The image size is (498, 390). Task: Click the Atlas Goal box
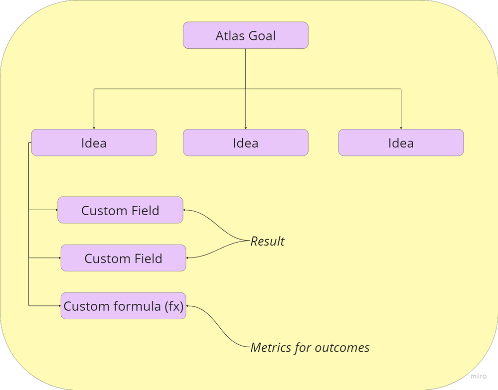pyautogui.click(x=245, y=35)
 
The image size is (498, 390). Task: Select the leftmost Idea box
pyautogui.click(x=94, y=143)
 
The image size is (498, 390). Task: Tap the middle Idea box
pyautogui.click(x=245, y=143)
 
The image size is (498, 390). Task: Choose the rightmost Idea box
pyautogui.click(x=401, y=143)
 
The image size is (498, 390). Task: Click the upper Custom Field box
pyautogui.click(x=120, y=210)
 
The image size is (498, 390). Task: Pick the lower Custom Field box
pyautogui.click(x=123, y=258)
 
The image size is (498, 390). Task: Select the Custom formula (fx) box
pyautogui.click(x=123, y=306)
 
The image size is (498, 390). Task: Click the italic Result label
pyautogui.click(x=267, y=241)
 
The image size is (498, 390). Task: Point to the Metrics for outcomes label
pyautogui.click(x=310, y=347)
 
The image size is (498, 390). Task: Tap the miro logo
pyautogui.click(x=479, y=376)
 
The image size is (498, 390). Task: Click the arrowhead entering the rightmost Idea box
pyautogui.click(x=401, y=128)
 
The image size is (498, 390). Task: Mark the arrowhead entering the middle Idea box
pyautogui.click(x=245, y=128)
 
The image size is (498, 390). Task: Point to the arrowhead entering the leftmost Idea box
pyautogui.click(x=94, y=128)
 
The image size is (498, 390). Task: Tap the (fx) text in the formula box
pyautogui.click(x=174, y=306)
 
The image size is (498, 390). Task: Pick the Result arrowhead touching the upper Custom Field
pyautogui.click(x=185, y=210)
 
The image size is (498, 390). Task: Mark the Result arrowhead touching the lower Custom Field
pyautogui.click(x=188, y=258)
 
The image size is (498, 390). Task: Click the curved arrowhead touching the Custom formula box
pyautogui.click(x=188, y=306)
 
